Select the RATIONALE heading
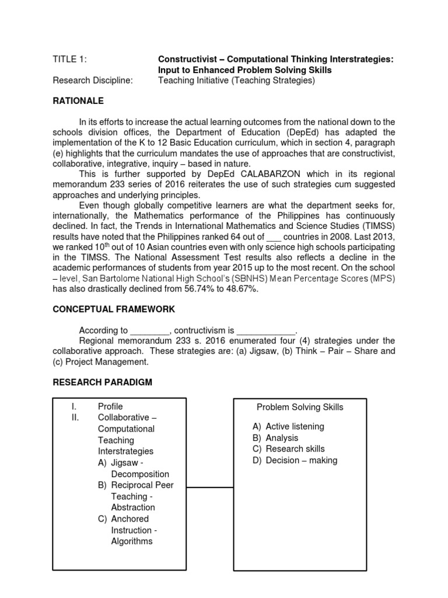coord(78,101)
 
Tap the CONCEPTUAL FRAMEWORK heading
coord(114,309)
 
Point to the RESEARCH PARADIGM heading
coord(103,383)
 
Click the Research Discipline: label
coord(93,81)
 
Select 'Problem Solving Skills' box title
coord(300,407)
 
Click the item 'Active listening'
coord(295,426)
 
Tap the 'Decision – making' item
coord(301,460)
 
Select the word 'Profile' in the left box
coord(110,406)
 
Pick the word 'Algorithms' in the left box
coord(132,541)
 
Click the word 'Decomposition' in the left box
coord(140,474)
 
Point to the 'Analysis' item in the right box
coord(282,437)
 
